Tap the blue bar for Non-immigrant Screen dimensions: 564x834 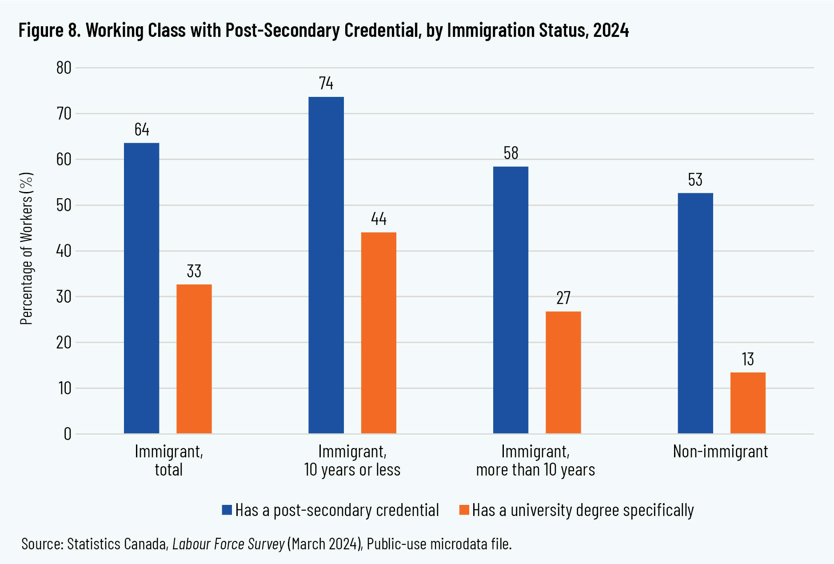pos(695,313)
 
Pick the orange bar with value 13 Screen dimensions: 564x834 pos(748,403)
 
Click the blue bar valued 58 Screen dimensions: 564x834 pos(511,300)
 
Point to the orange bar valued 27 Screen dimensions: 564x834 pos(563,372)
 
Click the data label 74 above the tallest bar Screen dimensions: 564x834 pos(326,84)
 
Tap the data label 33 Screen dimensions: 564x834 pos(194,271)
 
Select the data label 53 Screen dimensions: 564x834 pos(695,180)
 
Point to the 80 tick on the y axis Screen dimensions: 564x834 pos(64,68)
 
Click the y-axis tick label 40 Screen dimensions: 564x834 pos(64,251)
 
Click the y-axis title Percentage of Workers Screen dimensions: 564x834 pos(27,248)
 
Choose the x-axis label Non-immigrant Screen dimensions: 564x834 pos(720,452)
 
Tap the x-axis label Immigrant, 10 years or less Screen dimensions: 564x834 pos(352,460)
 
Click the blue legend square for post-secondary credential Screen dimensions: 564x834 pos(227,510)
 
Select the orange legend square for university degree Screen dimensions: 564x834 pos(464,510)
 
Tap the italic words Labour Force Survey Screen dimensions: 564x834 pos(228,544)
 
